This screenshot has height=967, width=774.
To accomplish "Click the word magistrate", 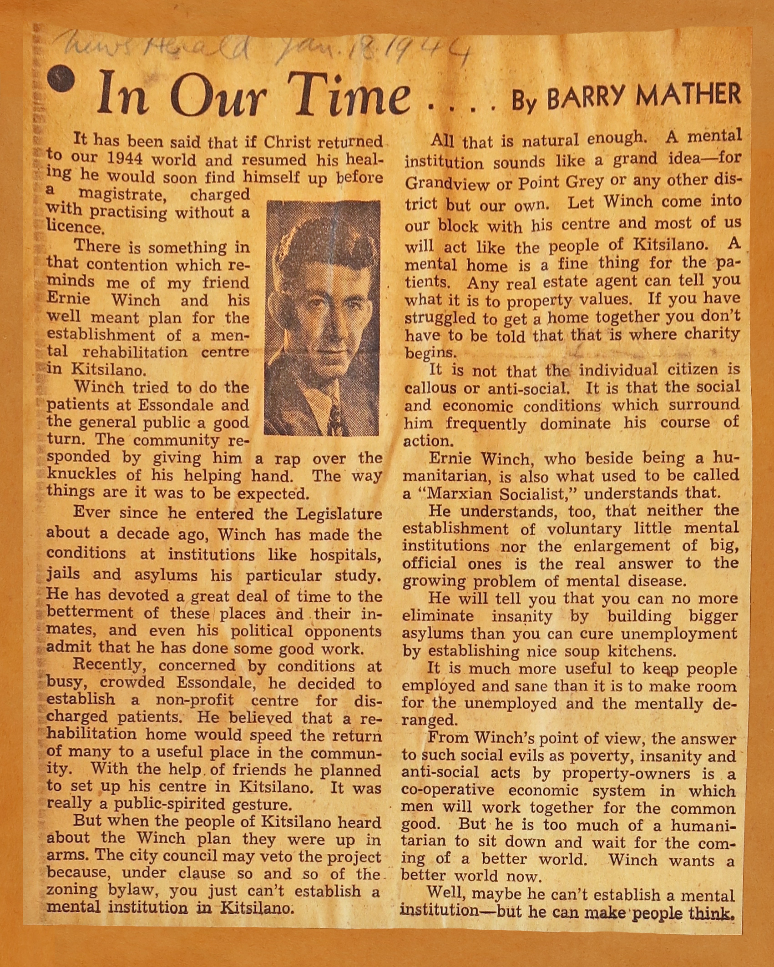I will click(x=120, y=195).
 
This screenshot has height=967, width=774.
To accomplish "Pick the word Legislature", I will click(x=339, y=514).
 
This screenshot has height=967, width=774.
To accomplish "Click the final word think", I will click(x=712, y=912).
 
